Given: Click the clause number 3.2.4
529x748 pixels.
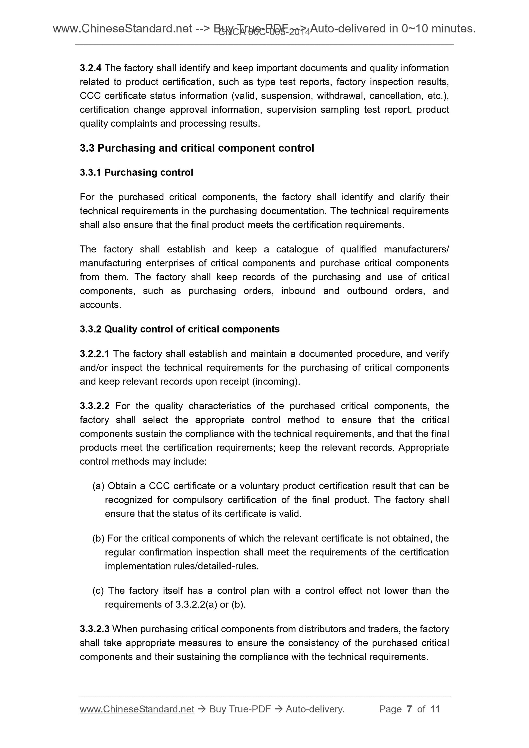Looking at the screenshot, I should pos(91,68).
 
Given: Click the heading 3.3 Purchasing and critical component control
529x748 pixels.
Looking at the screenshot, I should pos(197,148).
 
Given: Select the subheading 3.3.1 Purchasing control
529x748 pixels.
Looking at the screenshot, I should pos(136,172).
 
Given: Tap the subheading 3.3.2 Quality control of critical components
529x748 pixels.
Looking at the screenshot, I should pos(180,329).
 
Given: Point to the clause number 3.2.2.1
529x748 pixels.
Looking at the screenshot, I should pos(95,354).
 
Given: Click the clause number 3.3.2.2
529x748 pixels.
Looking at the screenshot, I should pos(95,406).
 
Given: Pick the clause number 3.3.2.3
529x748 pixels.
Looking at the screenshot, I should pos(95,629).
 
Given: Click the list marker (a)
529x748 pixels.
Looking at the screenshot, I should pos(98,486).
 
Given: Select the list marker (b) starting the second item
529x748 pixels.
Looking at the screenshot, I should pos(98,538).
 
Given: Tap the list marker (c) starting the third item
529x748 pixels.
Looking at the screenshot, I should pos(98,590).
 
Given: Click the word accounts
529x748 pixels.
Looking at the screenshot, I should pos(100,305).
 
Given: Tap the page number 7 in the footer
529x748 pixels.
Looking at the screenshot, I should pos(409,709).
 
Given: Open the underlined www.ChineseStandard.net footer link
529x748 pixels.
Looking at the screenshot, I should pos(137,709).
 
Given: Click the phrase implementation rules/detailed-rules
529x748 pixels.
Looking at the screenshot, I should pos(182,566).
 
